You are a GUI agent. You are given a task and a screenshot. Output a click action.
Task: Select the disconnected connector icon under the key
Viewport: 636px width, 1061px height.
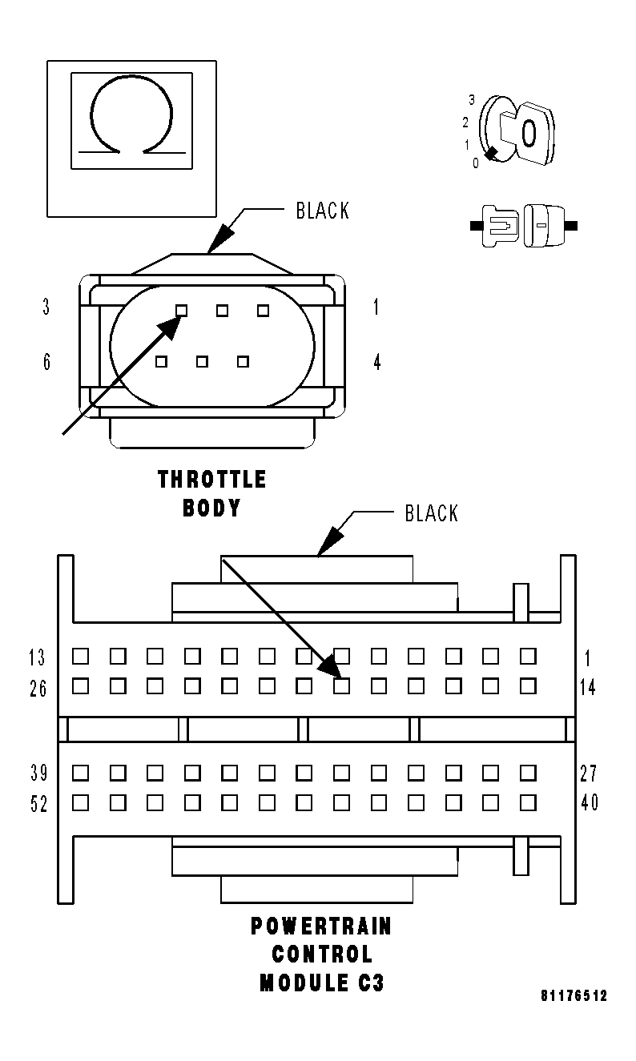524,225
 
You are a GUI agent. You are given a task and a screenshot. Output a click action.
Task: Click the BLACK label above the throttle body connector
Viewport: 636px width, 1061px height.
323,211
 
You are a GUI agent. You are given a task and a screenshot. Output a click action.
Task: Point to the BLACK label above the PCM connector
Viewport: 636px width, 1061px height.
432,513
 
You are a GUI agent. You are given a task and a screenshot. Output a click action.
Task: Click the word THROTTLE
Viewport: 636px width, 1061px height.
212,480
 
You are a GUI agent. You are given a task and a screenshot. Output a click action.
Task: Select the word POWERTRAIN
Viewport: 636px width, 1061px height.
322,926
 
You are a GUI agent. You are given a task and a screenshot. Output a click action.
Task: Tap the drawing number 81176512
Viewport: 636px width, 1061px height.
574,996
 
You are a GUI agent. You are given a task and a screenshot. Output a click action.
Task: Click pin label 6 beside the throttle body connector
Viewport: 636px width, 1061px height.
47,362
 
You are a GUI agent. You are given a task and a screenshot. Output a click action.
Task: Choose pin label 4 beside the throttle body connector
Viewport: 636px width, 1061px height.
376,362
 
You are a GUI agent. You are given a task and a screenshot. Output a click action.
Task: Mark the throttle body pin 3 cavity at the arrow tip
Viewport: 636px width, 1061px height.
182,310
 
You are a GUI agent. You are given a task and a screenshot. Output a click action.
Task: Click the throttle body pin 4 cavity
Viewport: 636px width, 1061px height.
244,362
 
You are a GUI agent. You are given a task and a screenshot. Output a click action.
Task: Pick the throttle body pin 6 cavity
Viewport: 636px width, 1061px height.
162,362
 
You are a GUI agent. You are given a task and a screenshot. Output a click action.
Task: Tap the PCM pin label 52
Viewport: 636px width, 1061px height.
38,804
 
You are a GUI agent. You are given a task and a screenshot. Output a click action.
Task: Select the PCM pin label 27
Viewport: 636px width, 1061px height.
589,774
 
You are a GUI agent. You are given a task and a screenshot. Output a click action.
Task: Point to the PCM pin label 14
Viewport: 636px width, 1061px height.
589,687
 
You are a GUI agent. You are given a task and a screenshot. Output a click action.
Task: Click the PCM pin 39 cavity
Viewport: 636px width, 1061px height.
80,773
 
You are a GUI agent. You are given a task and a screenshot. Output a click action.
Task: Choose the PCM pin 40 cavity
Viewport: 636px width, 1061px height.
528,802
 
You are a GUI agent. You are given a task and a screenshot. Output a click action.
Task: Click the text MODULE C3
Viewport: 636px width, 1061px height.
322,983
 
